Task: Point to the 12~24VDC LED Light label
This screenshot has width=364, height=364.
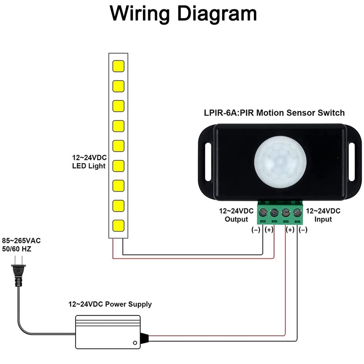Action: pos(89,162)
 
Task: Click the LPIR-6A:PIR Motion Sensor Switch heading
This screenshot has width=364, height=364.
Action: pos(273,112)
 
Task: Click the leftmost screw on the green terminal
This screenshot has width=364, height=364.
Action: pos(263,212)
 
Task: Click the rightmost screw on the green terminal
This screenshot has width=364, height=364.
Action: pos(297,212)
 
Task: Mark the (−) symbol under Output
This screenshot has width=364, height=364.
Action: pos(256,230)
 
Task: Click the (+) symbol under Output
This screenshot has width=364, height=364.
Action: pos(269,230)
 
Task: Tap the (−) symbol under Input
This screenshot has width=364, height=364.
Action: pos(303,230)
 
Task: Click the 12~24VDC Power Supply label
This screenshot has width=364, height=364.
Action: pos(110,304)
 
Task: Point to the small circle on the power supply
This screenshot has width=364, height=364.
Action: pos(135,343)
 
